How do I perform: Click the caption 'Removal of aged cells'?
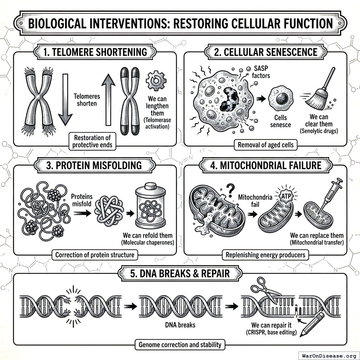click(266, 144)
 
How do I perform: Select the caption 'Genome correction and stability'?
click(180, 344)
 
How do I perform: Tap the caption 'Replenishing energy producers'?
click(265, 255)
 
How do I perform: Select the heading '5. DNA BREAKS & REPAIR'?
click(180, 273)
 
